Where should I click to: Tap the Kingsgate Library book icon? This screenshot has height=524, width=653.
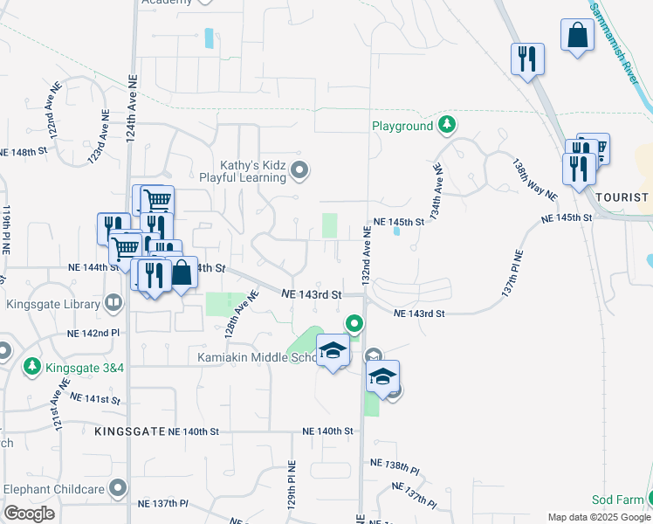pyautogui.click(x=113, y=305)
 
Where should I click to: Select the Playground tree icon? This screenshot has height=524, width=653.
pyautogui.click(x=447, y=126)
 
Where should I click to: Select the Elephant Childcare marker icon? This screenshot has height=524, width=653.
pyautogui.click(x=119, y=488)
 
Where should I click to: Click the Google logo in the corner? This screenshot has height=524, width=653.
pyautogui.click(x=29, y=514)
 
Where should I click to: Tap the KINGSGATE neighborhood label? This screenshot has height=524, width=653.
pyautogui.click(x=129, y=431)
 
